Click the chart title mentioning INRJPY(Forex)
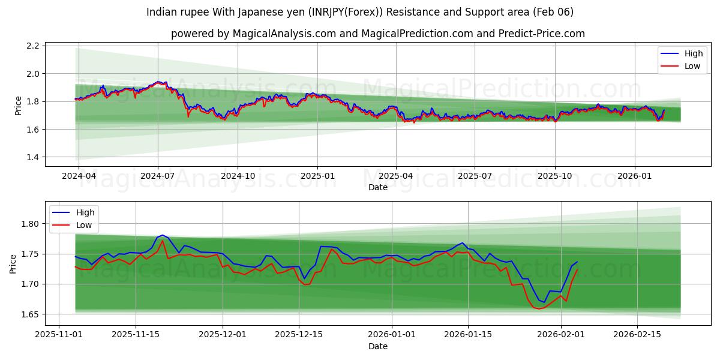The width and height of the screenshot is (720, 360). tap(359, 12)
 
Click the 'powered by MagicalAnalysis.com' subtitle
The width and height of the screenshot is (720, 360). tap(377, 34)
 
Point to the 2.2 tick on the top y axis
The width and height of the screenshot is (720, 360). tap(33, 46)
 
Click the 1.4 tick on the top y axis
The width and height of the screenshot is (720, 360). tap(33, 157)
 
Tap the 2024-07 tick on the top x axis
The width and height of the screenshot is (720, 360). tap(158, 176)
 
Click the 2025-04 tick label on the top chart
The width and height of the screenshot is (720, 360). tap(395, 176)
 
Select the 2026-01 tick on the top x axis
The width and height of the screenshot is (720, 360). tap(635, 176)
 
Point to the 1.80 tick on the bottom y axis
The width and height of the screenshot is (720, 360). tap(30, 224)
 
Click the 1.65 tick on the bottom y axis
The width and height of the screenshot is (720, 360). tap(30, 314)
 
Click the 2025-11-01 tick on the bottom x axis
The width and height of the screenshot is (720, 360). tap(59, 335)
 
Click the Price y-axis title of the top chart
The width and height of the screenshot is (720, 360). tap(18, 106)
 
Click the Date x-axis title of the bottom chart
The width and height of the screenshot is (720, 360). tap(378, 346)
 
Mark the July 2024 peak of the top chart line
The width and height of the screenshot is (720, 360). tap(158, 82)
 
